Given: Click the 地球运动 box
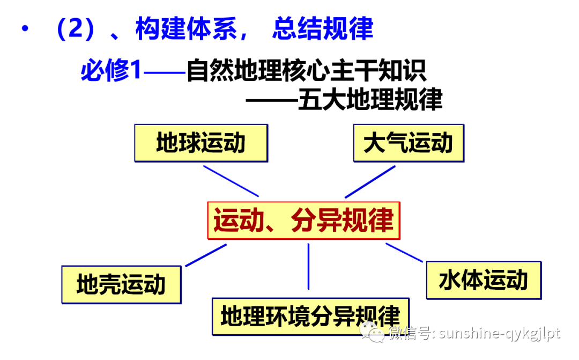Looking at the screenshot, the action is (201, 143).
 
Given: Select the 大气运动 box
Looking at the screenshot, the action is (409, 143).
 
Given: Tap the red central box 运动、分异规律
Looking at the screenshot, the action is (304, 220).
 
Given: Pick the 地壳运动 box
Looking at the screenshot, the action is (121, 284).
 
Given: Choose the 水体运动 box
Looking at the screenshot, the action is (484, 280).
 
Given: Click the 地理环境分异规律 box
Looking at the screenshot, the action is (310, 317).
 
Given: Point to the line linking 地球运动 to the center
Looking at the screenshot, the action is (231, 181).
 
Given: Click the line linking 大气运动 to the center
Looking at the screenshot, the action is (369, 182).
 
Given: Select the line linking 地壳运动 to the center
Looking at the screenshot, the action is (206, 255).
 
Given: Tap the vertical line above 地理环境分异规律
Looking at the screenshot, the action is (308, 267).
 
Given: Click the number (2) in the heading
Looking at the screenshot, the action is (75, 29).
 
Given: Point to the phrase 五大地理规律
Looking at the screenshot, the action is (370, 100).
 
